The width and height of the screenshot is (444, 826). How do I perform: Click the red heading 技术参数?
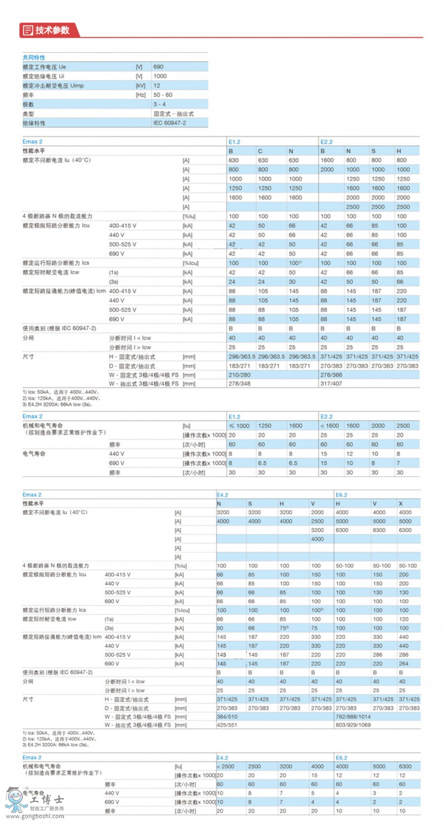52,30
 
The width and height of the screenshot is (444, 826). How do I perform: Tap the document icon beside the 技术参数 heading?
28,30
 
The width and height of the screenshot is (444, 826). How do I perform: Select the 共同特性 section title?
34,57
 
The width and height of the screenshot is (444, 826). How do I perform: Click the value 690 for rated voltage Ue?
158,67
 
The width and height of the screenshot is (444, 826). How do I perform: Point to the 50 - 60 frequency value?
163,95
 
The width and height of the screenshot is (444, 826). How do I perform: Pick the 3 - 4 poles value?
159,104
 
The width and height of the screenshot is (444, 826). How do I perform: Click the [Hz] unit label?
141,95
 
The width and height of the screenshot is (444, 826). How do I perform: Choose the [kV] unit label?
141,85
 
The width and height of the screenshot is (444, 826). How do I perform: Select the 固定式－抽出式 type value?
173,113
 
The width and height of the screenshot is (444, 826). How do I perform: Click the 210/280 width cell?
239,375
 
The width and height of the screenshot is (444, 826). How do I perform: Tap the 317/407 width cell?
331,383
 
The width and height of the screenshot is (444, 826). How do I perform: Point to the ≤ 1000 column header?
239,426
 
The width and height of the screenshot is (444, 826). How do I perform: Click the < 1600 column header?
330,426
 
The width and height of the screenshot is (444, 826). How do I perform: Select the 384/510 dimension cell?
227,716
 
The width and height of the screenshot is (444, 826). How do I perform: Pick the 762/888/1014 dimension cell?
353,716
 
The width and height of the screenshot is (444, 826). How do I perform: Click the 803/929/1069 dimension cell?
353,725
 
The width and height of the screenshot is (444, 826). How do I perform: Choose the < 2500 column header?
225,767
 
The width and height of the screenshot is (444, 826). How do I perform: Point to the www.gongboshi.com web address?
35,816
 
